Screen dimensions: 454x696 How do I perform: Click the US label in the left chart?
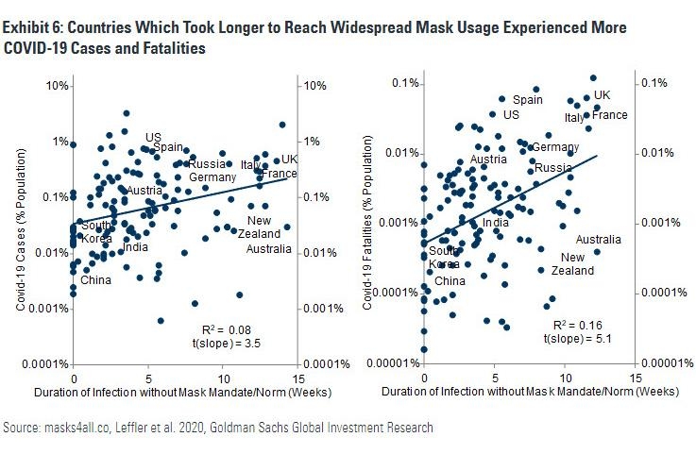coord(152,138)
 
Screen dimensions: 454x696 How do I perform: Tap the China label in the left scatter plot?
coord(95,279)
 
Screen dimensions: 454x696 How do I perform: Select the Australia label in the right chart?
coord(598,239)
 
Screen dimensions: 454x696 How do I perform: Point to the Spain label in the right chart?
coord(528,99)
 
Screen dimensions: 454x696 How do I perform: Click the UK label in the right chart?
coord(602,95)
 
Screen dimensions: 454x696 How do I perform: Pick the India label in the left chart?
coord(136,247)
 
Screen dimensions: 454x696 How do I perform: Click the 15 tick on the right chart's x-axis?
coord(635,376)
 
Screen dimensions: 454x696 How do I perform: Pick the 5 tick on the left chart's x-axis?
coord(148,376)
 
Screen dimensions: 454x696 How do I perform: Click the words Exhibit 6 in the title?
coord(33,29)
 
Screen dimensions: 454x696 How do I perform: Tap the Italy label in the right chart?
coord(574,118)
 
